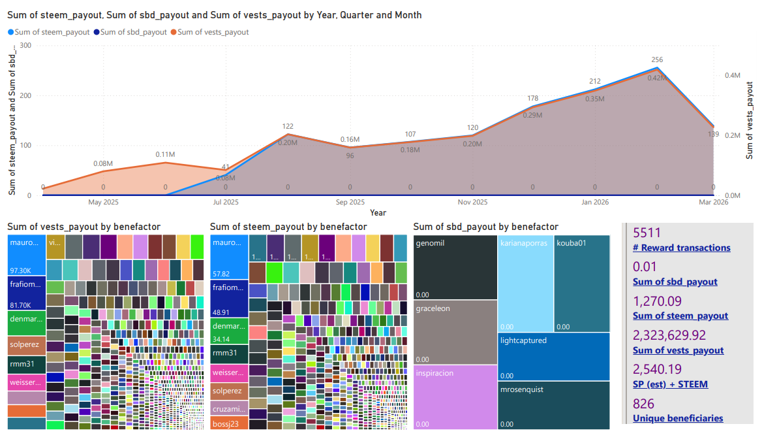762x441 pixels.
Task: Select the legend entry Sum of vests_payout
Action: (x=213, y=32)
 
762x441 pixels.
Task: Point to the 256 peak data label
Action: (x=657, y=60)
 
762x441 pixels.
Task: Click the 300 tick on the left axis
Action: (x=25, y=45)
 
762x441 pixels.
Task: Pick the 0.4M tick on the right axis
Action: (x=733, y=75)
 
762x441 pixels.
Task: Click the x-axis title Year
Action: (x=378, y=213)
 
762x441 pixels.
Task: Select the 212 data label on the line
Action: (x=595, y=82)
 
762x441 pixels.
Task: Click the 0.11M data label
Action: (x=165, y=155)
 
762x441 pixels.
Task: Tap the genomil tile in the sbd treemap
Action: (x=455, y=267)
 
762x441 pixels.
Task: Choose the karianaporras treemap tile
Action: (x=525, y=283)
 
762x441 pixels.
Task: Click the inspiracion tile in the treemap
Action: (x=455, y=397)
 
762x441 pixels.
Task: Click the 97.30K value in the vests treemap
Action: (x=20, y=270)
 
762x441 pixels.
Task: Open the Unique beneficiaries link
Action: (x=678, y=418)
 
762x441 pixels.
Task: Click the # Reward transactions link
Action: (x=681, y=248)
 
